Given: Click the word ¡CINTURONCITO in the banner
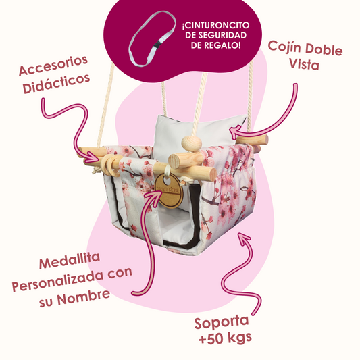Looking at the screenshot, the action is pyautogui.click(x=215, y=25).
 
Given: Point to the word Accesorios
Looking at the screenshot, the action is pyautogui.click(x=53, y=66).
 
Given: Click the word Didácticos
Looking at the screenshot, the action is pyautogui.click(x=56, y=84).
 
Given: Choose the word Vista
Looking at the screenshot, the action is pyautogui.click(x=304, y=63).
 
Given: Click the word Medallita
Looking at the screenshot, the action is pyautogui.click(x=70, y=261).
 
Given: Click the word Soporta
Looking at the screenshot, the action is pyautogui.click(x=222, y=322).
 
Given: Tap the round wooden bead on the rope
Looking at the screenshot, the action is pyautogui.click(x=191, y=144).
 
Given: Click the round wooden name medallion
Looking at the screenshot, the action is pyautogui.click(x=169, y=190).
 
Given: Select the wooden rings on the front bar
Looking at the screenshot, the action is pyautogui.click(x=111, y=163).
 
